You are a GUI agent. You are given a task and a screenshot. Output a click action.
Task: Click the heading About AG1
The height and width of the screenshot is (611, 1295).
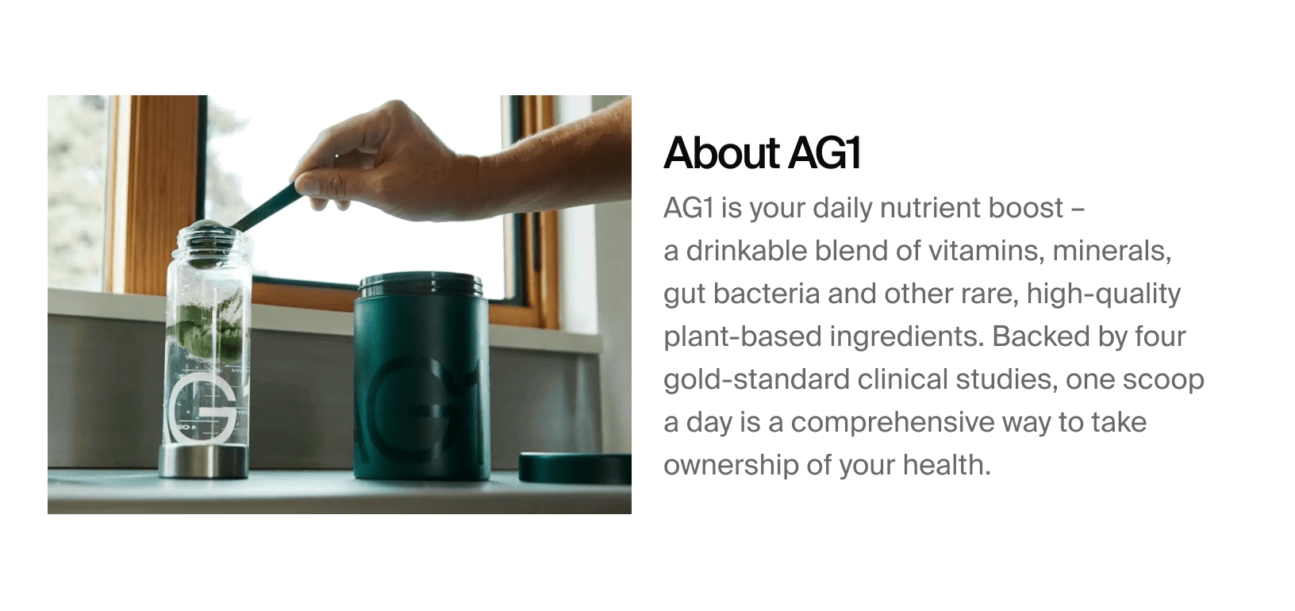pos(762,153)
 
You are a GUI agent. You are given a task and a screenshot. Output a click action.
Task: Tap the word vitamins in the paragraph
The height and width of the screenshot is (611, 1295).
pos(986,251)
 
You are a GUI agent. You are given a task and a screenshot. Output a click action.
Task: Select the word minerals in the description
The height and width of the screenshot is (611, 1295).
pos(1112,251)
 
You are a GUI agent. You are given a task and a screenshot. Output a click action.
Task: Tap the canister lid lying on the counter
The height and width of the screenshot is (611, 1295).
pos(574,467)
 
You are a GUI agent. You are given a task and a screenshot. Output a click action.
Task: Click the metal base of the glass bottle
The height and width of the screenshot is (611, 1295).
pos(203,461)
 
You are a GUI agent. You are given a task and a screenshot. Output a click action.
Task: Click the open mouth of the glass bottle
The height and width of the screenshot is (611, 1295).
pos(208,231)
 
